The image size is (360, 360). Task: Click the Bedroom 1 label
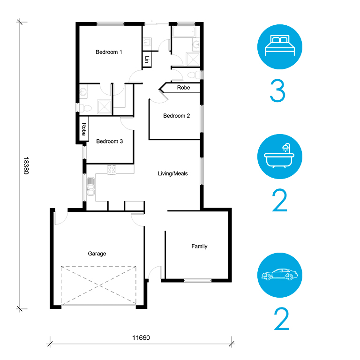(109, 52)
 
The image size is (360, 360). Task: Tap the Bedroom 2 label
(177, 116)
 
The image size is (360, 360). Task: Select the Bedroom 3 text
(110, 141)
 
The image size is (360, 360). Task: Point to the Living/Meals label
(173, 173)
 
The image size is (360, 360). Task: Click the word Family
(199, 247)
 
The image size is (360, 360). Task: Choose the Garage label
(97, 254)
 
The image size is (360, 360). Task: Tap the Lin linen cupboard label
(147, 60)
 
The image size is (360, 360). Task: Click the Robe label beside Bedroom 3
(84, 129)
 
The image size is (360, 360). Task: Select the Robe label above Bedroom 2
(183, 88)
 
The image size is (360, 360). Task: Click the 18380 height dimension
(26, 166)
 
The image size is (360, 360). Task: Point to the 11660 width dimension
(141, 337)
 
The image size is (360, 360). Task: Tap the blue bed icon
(280, 47)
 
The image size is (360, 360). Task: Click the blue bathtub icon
(280, 157)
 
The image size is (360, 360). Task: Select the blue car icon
(280, 275)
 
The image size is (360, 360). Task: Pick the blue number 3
(277, 90)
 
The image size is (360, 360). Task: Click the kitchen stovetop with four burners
(112, 170)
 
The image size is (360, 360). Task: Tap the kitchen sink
(91, 187)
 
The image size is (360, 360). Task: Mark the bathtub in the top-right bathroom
(184, 32)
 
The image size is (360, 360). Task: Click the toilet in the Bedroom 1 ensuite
(85, 108)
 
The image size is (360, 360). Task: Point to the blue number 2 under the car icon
(281, 319)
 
